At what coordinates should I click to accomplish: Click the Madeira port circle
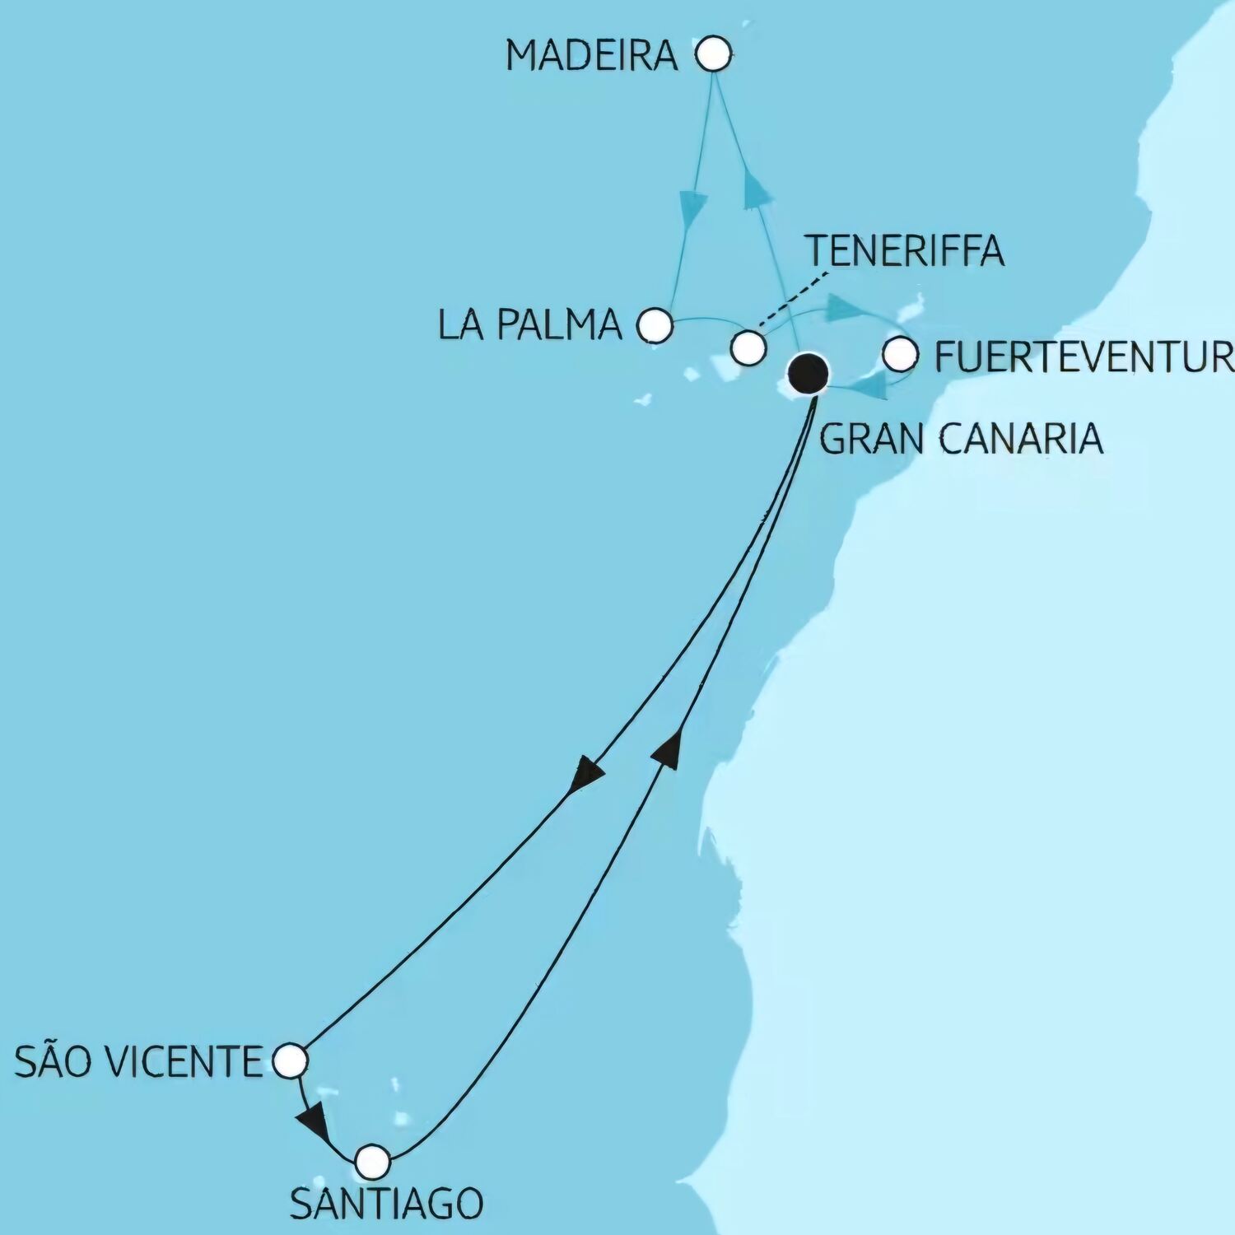pyautogui.click(x=713, y=55)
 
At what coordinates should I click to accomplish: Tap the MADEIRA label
pyautogui.click(x=591, y=56)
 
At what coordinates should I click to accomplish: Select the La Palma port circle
pyautogui.click(x=655, y=324)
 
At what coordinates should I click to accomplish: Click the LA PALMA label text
pyautogui.click(x=529, y=325)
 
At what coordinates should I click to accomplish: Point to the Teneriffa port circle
pyautogui.click(x=748, y=347)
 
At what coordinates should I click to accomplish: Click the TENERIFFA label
pyautogui.click(x=904, y=249)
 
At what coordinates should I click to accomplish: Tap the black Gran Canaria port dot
pyautogui.click(x=807, y=373)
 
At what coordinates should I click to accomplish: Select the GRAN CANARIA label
pyautogui.click(x=961, y=438)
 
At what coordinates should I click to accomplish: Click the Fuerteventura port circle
pyautogui.click(x=900, y=354)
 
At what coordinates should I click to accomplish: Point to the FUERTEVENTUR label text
pyautogui.click(x=1084, y=357)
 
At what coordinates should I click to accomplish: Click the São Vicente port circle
pyautogui.click(x=289, y=1060)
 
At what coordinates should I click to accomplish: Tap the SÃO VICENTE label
pyautogui.click(x=137, y=1062)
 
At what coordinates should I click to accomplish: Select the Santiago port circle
pyautogui.click(x=372, y=1161)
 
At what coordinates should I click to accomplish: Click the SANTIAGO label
pyautogui.click(x=386, y=1205)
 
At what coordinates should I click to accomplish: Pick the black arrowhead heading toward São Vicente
pyautogui.click(x=585, y=774)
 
